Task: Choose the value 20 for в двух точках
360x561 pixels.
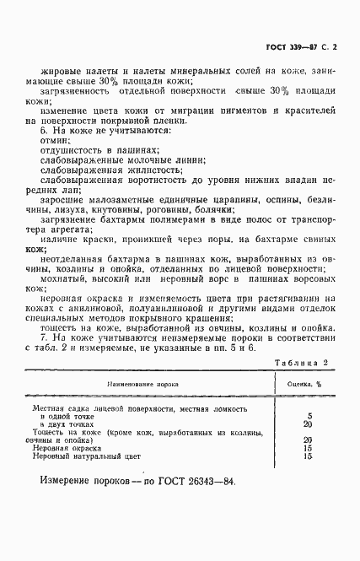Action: click(308, 425)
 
